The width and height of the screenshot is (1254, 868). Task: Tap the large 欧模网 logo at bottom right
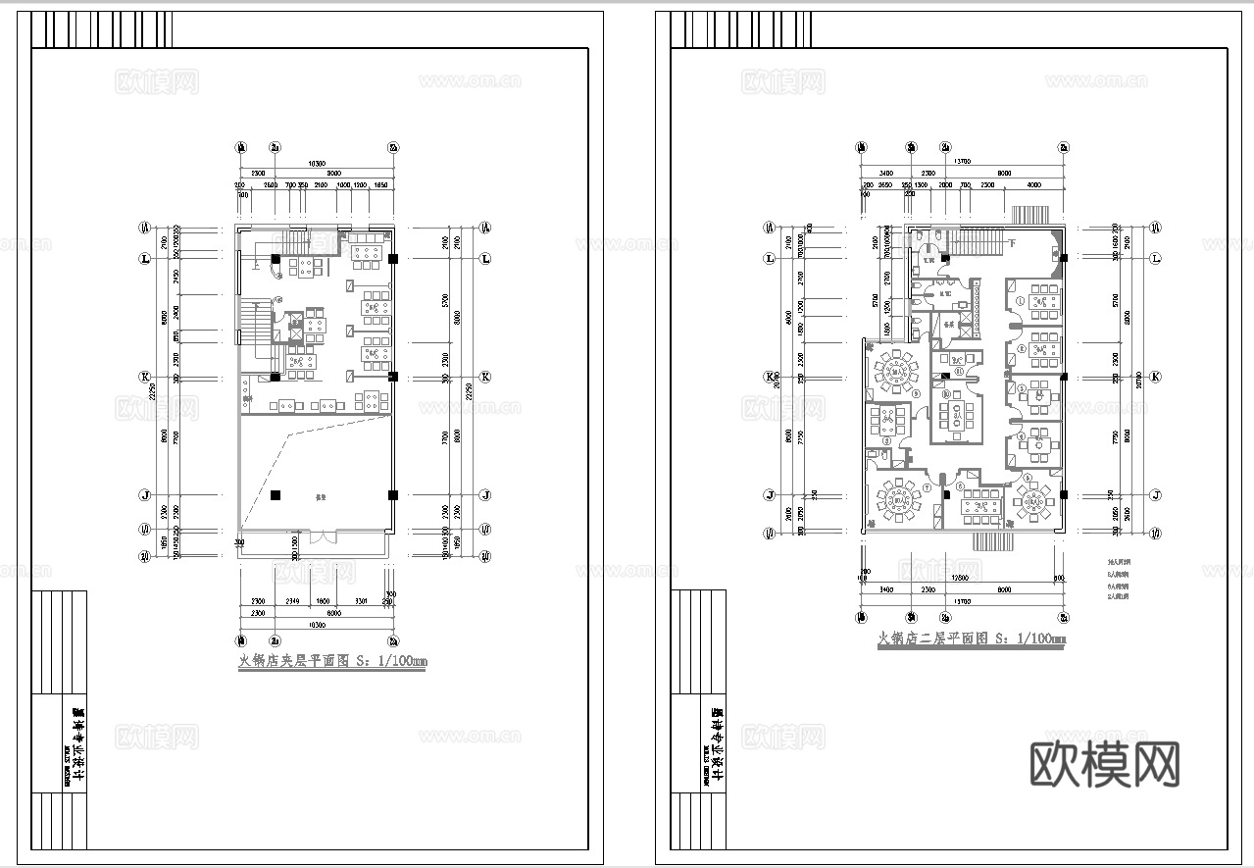pyautogui.click(x=1105, y=764)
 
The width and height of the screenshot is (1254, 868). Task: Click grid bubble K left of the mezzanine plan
pyautogui.click(x=144, y=377)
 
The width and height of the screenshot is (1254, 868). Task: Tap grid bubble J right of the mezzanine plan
pyautogui.click(x=484, y=495)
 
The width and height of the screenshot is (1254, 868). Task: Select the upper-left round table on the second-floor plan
pyautogui.click(x=895, y=369)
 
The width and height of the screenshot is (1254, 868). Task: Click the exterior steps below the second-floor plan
pyautogui.click(x=992, y=540)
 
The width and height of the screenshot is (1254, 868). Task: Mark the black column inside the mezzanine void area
pyautogui.click(x=276, y=495)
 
